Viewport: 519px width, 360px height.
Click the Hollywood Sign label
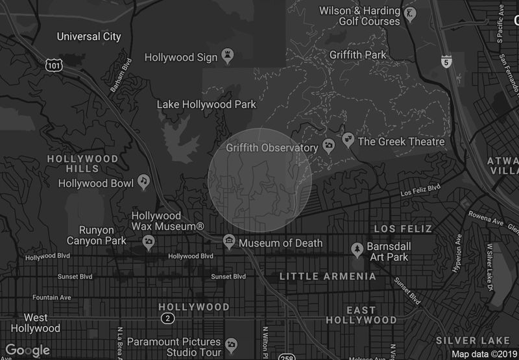180,57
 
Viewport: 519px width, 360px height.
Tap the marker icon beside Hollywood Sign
227,57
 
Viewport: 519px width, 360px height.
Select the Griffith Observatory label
272,148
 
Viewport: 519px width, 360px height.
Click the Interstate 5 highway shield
445,62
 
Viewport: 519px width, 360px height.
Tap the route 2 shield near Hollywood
167,318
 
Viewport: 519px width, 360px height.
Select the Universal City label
88,36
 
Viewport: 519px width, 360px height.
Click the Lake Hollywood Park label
206,104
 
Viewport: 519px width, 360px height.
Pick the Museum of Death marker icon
229,243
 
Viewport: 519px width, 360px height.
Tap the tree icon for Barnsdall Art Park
356,248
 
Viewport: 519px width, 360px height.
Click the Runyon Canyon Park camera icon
149,243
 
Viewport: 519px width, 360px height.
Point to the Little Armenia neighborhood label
328,276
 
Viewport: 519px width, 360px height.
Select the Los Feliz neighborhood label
403,229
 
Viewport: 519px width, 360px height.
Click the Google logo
27,351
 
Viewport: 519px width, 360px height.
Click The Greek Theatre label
401,141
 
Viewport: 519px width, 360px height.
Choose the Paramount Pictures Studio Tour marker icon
231,343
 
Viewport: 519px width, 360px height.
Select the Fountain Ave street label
50,298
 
